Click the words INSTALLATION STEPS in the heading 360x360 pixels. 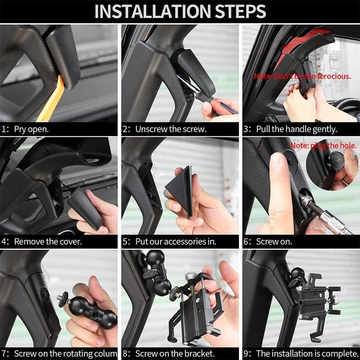coord(180,11)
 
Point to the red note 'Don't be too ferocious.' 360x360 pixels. coord(302,76)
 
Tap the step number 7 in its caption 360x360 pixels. coord(4,354)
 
